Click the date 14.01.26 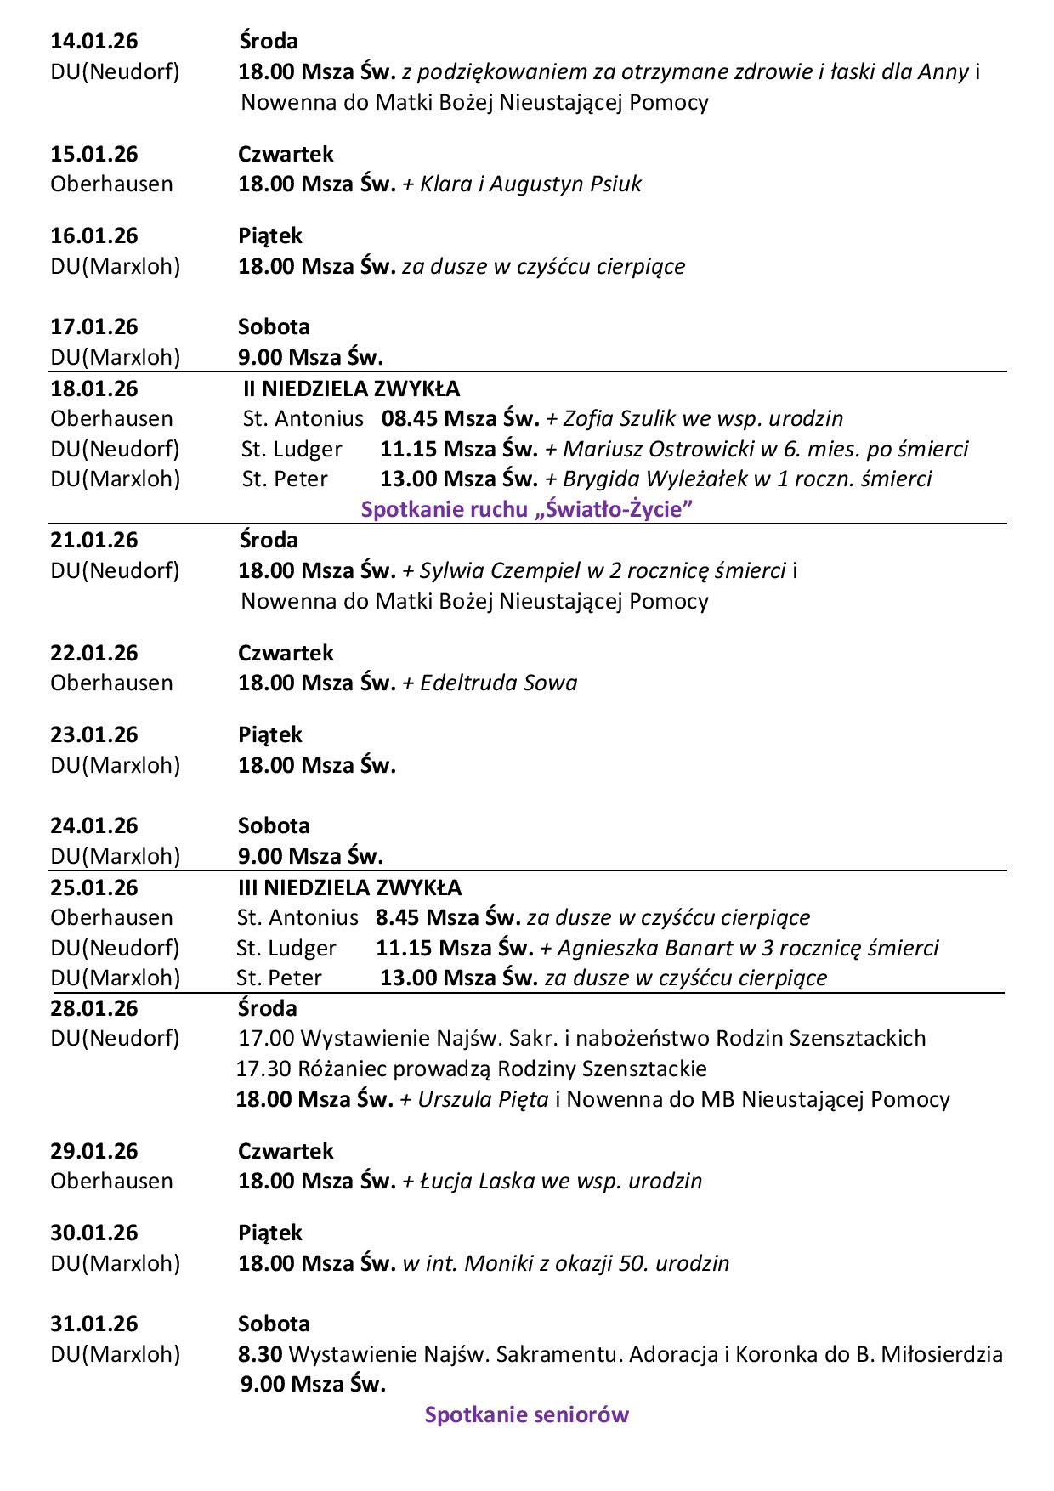click(x=94, y=41)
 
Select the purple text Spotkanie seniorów click(x=526, y=1414)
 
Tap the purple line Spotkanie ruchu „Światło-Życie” click(x=526, y=510)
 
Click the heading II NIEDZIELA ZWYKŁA click(x=351, y=389)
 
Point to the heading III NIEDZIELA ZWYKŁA click(x=349, y=887)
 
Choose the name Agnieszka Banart click(x=643, y=947)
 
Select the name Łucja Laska click(x=479, y=1181)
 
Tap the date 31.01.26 click(x=94, y=1324)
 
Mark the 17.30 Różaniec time click(x=258, y=1069)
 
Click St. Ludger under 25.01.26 click(x=286, y=947)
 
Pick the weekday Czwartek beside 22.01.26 click(x=286, y=653)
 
